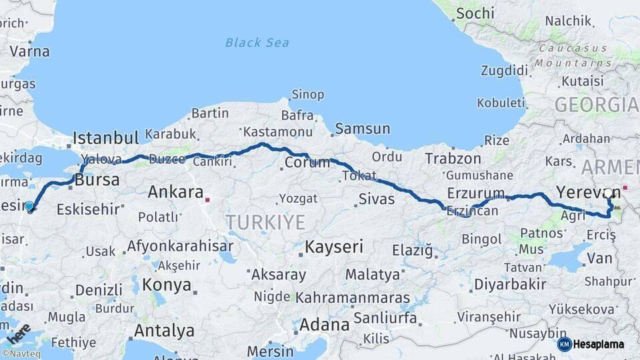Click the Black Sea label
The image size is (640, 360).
pyautogui.click(x=257, y=43)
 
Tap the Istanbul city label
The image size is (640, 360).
pyautogui.click(x=105, y=138)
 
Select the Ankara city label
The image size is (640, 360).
pyautogui.click(x=175, y=193)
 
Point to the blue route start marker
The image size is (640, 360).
pyautogui.click(x=29, y=207)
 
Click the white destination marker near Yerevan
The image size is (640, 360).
pyautogui.click(x=608, y=193)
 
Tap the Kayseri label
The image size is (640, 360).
pyautogui.click(x=334, y=247)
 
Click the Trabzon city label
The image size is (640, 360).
pyautogui.click(x=453, y=159)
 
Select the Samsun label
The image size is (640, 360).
pyautogui.click(x=363, y=129)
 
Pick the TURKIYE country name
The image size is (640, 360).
pyautogui.click(x=265, y=222)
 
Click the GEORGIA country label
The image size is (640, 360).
pyautogui.click(x=596, y=105)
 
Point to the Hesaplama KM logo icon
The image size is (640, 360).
pyautogui.click(x=565, y=344)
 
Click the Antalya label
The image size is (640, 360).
pyautogui.click(x=164, y=331)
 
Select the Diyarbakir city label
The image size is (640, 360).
pyautogui.click(x=510, y=285)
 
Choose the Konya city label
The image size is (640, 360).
pyautogui.click(x=167, y=285)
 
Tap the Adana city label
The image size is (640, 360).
pyautogui.click(x=324, y=325)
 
